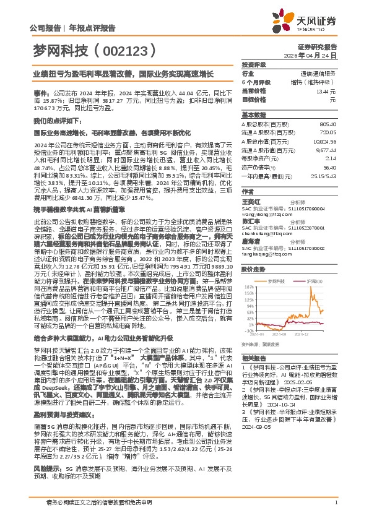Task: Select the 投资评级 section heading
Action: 253,64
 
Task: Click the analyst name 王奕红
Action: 250,201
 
